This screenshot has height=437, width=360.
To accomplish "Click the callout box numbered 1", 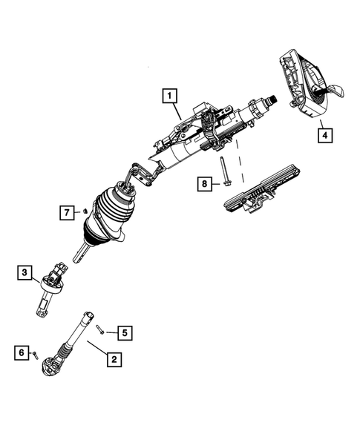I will pyautogui.click(x=170, y=96).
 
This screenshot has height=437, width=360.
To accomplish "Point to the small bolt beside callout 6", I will pyautogui.click(x=36, y=354).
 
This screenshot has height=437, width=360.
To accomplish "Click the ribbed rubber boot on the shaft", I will pyautogui.click(x=111, y=219).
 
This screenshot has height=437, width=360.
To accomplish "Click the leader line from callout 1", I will pyautogui.click(x=183, y=111).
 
